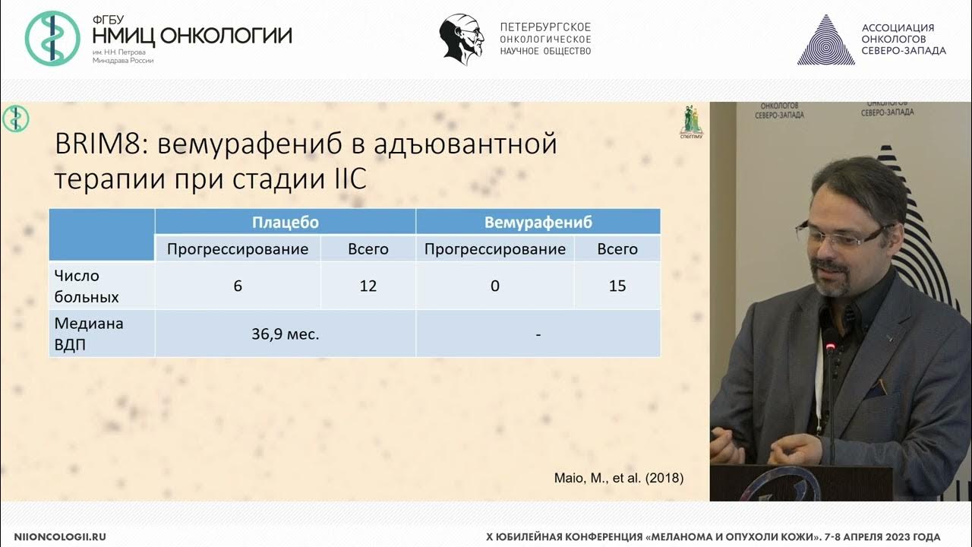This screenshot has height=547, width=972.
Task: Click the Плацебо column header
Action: [286, 223]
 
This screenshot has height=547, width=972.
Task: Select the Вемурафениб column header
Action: [538, 223]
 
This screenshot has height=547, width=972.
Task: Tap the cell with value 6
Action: [238, 286]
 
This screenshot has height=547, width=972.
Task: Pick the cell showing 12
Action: [368, 286]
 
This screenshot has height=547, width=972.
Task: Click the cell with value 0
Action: [495, 286]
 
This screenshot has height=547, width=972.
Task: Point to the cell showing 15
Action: [617, 286]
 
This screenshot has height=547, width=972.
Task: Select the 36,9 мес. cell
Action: [286, 334]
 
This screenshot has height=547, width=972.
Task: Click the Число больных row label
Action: [77, 286]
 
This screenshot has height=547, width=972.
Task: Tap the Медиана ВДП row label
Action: [89, 333]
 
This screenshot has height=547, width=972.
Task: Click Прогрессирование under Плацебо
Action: [238, 249]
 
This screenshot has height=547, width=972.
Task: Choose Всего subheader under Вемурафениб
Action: [617, 249]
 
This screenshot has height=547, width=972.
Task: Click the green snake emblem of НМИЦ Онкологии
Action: [52, 39]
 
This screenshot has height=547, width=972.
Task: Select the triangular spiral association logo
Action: [825, 40]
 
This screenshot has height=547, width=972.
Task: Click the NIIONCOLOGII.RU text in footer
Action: [60, 536]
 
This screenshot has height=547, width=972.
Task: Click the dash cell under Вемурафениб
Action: [538, 334]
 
